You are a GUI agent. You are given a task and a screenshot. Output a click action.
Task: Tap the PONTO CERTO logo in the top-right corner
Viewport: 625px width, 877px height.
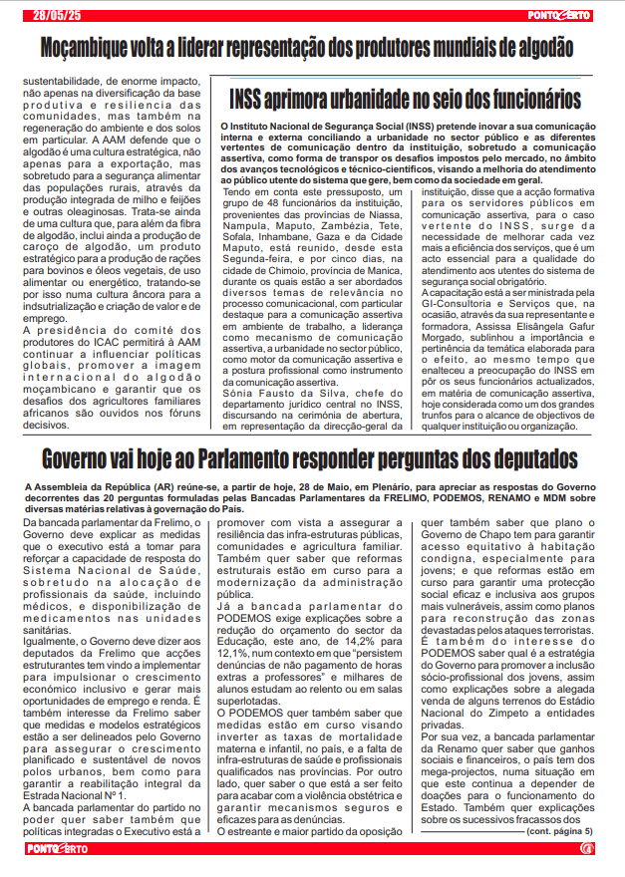click(559, 14)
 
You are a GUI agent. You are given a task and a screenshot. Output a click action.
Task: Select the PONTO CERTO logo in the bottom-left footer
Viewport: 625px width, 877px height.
click(58, 848)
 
